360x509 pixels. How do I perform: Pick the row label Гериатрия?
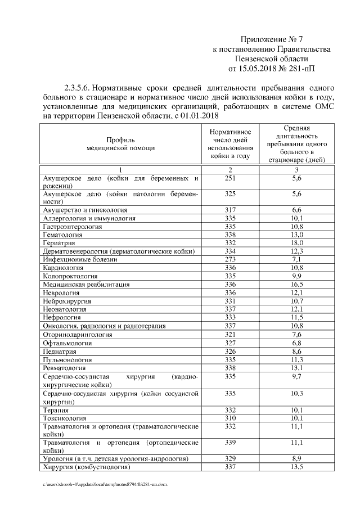coord(59,242)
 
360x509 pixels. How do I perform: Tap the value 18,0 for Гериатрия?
coord(298,242)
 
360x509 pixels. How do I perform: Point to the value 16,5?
coord(298,285)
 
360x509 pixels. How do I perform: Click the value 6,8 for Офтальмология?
coord(298,343)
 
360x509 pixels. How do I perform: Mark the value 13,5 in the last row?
coord(298,467)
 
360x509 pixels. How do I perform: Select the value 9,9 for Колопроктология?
coord(298,276)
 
